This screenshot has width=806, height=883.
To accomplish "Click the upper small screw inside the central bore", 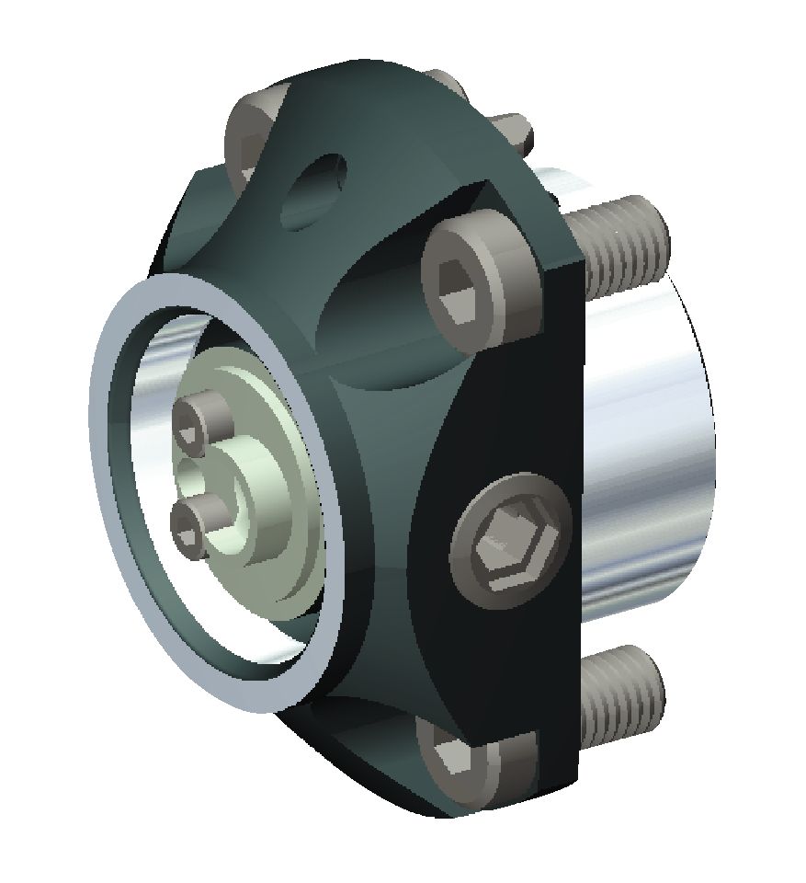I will (203, 419).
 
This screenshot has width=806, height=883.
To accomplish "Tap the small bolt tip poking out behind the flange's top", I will (514, 129).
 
